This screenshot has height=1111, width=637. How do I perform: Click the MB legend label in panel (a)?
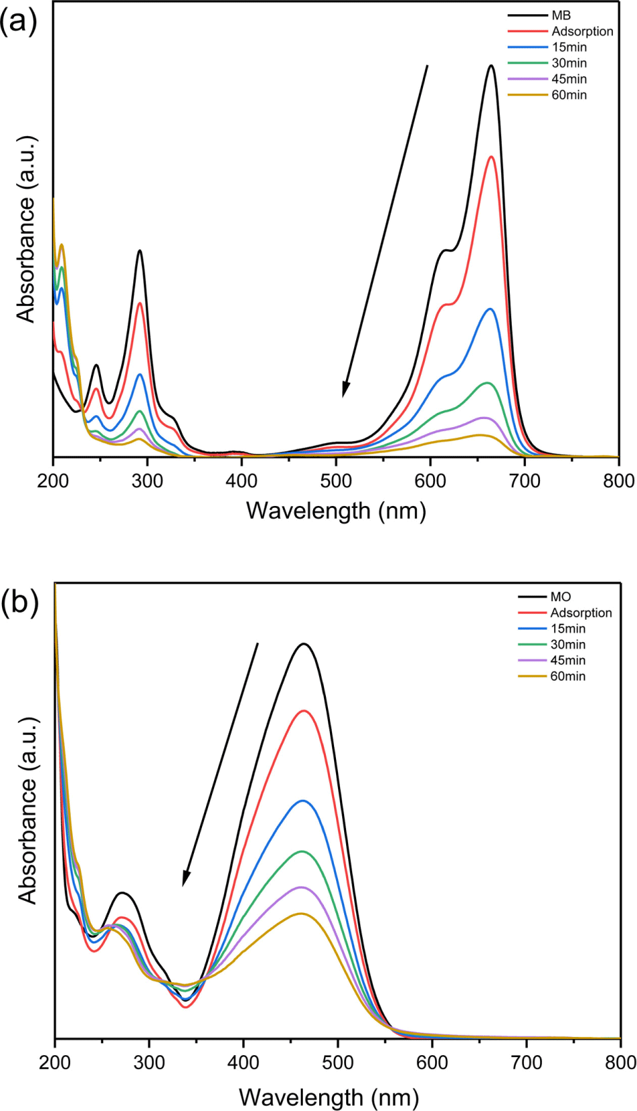pos(561,16)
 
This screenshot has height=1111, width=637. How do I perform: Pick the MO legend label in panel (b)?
pos(561,597)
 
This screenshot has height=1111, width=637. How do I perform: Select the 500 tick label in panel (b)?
pos(338,1062)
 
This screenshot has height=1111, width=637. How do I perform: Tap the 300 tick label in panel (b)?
pos(149,1062)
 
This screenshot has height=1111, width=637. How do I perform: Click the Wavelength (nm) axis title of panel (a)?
pos(336,511)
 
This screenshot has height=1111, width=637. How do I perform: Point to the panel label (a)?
pos(18,22)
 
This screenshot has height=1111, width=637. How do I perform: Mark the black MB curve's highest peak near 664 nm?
pos(492,65)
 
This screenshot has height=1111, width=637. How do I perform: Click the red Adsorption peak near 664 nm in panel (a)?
pos(492,157)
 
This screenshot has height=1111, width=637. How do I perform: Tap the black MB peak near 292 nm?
pos(140,251)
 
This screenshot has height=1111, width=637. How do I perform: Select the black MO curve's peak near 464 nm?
pos(304,644)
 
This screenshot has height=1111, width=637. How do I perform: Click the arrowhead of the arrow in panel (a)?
pos(344,393)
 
